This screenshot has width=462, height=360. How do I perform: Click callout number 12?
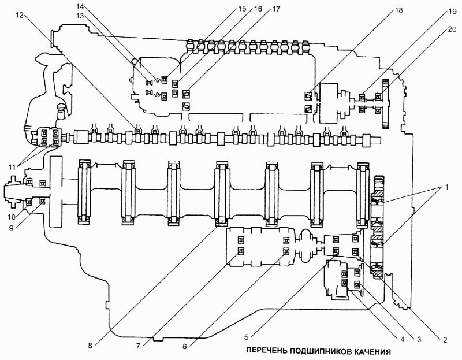click(20, 15)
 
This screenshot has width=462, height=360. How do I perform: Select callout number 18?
click(398, 11)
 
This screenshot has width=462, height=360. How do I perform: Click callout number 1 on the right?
click(447, 187)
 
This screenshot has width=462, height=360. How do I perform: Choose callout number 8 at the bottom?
click(90, 346)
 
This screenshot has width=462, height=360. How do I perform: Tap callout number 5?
click(248, 337)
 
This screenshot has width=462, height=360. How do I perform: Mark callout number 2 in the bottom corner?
click(445, 340)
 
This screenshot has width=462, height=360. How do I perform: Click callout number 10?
click(12, 217)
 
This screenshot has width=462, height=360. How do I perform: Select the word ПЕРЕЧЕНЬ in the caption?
click(266, 351)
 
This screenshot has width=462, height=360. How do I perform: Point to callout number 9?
click(11, 228)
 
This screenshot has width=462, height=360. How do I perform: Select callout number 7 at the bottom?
click(138, 346)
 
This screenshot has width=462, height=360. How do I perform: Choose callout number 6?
click(184, 346)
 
